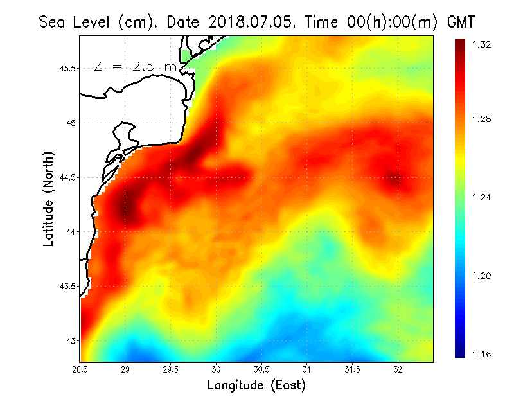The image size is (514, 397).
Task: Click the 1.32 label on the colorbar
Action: pos(482,44)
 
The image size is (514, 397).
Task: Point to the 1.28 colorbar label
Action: pos(482,119)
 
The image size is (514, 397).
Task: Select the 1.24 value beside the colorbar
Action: pos(482,197)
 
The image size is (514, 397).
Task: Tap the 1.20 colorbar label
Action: pos(482,276)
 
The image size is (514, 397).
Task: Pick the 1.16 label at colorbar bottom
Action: pos(482,354)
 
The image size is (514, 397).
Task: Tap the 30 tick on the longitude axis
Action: pos(217,369)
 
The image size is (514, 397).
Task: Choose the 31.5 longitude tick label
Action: pos(352,369)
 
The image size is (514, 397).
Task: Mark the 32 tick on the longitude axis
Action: pos(398,369)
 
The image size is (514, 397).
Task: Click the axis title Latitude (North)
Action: pos(48,198)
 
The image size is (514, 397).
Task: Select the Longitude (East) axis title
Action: pos(256,385)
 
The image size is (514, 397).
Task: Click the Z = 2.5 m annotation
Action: pos(134,66)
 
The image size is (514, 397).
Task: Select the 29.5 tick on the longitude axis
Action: pos(172,369)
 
